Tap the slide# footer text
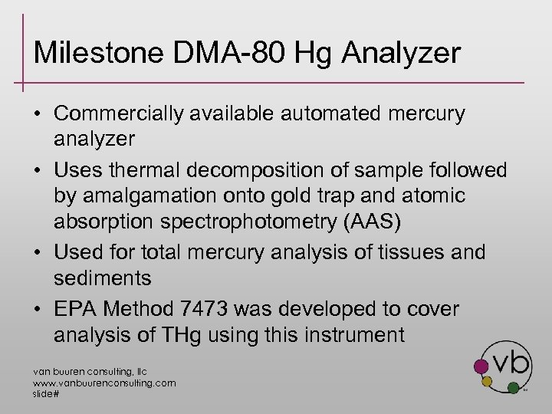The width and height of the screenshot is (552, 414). [46, 393]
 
